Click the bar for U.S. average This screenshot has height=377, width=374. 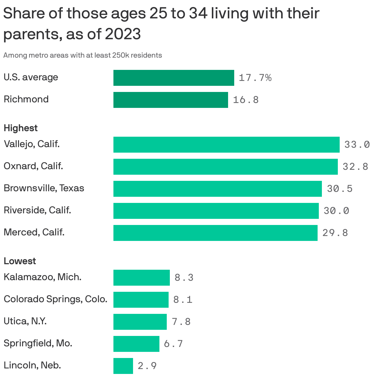coord(174,78)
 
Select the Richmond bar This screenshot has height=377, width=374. coord(170,100)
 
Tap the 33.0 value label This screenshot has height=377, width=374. coord(357,145)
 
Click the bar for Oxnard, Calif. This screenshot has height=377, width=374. coord(225,167)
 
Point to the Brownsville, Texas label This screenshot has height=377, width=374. coord(44,188)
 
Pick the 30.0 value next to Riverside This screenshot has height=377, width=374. coord(336,211)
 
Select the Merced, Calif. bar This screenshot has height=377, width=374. coord(215,233)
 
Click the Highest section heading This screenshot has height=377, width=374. coord(21,128)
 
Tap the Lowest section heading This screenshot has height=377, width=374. coord(20,261)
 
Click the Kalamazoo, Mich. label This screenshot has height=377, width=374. coord(43,277)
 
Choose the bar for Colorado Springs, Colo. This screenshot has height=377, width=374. coord(141,300)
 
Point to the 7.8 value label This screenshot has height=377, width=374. coord(181,322)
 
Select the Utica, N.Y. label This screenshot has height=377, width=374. coord(25,321)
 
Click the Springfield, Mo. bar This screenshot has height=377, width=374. coord(136,344)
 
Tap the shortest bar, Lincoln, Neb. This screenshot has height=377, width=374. coord(123,366)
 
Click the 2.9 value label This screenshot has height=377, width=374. coord(147,366)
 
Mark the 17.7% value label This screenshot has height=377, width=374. coord(255,78)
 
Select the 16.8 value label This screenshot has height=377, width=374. coord(246,100)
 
